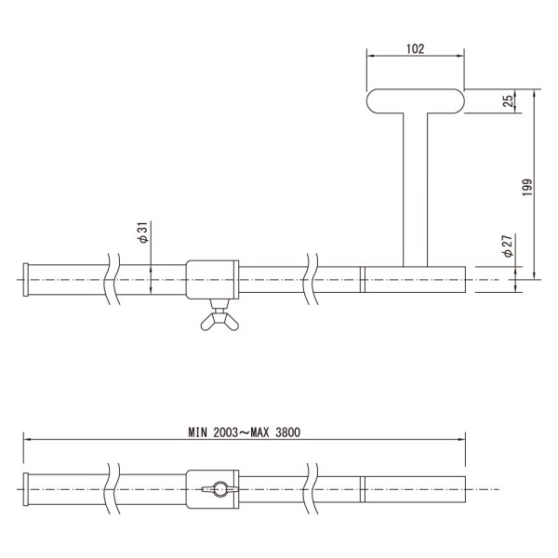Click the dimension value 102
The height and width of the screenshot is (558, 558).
point(416,48)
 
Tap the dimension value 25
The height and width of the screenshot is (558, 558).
point(508,101)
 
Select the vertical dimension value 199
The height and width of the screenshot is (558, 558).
point(527,187)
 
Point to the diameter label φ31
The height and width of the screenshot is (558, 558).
point(142,232)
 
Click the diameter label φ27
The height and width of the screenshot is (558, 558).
point(507,246)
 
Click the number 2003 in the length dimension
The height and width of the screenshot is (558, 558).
point(225,432)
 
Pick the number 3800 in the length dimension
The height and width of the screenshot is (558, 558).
point(287,432)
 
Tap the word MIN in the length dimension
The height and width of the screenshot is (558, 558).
point(197,432)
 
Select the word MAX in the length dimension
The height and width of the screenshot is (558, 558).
point(259,432)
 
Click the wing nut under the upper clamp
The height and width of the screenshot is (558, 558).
point(219,320)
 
